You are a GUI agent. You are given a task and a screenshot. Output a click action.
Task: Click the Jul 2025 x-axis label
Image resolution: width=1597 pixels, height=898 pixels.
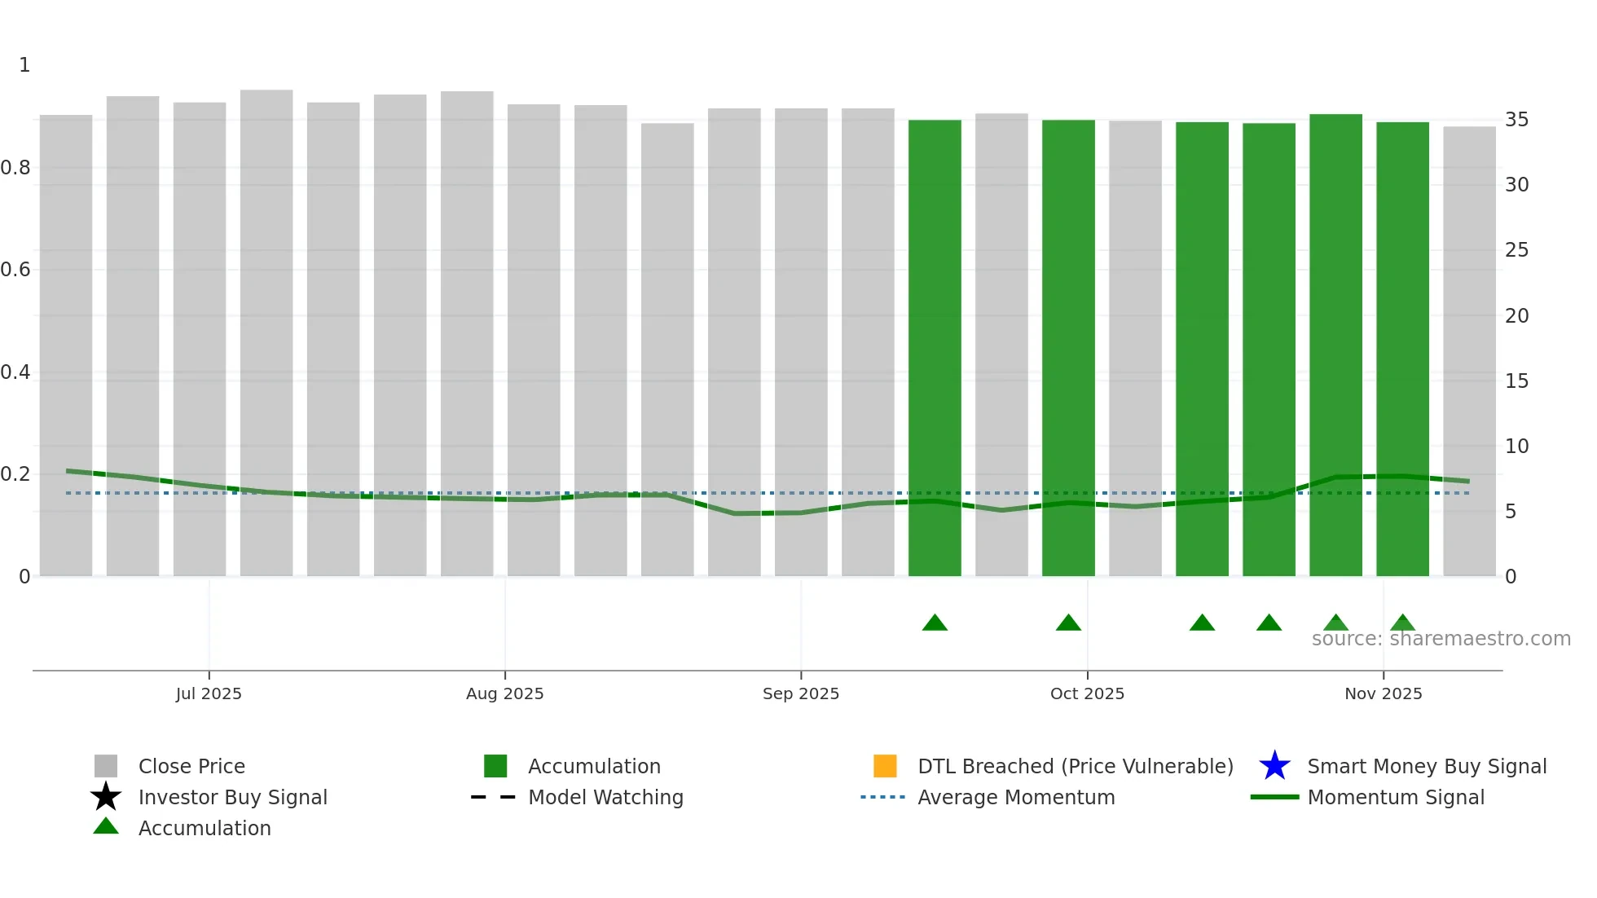tap(209, 693)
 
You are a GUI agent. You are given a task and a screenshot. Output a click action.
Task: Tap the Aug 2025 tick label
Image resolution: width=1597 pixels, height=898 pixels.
tap(504, 693)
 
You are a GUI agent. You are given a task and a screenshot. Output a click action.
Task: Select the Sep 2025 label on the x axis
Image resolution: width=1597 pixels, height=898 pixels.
tap(800, 693)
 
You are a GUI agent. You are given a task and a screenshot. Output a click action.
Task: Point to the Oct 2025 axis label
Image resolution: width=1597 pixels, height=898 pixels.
tap(1087, 693)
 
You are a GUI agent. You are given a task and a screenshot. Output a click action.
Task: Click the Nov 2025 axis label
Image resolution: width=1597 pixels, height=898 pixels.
tap(1383, 693)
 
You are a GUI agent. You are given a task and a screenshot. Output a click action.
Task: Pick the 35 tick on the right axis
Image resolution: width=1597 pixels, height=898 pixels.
tap(1516, 120)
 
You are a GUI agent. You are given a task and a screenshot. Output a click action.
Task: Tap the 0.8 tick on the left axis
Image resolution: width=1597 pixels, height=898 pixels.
tap(15, 168)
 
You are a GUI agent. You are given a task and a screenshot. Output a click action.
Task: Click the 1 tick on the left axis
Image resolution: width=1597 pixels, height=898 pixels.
tap(24, 65)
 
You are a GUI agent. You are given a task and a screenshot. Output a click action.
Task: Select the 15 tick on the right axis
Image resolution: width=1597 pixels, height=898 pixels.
tap(1516, 381)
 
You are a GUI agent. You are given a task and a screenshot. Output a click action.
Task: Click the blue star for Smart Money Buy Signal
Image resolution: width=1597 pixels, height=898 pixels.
tap(1274, 766)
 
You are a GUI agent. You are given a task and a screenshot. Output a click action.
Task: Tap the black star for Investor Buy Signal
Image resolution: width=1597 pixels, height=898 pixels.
tap(106, 797)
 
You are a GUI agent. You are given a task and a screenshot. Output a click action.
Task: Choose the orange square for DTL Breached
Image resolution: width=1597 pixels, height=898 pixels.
tap(885, 766)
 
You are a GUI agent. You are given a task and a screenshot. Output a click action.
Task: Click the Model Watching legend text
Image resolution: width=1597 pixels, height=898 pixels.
tap(605, 797)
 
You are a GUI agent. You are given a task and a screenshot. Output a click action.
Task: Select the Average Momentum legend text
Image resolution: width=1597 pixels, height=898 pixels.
tap(1016, 797)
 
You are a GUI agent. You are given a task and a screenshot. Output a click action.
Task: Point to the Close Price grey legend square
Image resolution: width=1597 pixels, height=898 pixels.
tap(106, 766)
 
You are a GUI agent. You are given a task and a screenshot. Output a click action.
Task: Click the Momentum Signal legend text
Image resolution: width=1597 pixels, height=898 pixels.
tap(1396, 797)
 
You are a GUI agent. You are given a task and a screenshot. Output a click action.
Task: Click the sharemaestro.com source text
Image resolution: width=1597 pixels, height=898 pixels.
tap(1441, 639)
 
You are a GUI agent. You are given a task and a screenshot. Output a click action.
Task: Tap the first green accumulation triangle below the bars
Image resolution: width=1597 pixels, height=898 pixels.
tap(935, 623)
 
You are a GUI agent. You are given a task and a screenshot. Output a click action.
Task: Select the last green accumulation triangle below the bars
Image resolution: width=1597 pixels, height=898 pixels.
tap(1402, 623)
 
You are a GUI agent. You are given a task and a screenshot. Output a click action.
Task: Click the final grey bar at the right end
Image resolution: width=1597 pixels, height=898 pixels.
tap(1469, 350)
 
